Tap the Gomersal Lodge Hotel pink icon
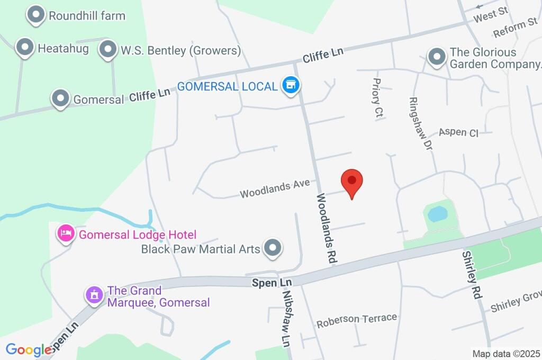tap(66, 233)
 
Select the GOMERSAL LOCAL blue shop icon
tap(290, 85)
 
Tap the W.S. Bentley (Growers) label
tap(180, 51)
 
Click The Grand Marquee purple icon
tap(95, 295)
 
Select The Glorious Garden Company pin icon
tap(437, 56)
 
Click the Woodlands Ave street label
tap(274, 188)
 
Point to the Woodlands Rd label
tap(327, 228)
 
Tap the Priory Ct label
tap(377, 100)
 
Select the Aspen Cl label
tap(458, 132)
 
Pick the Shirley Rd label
tap(471, 275)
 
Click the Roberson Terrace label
tap(356, 320)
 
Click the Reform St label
tap(515, 29)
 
